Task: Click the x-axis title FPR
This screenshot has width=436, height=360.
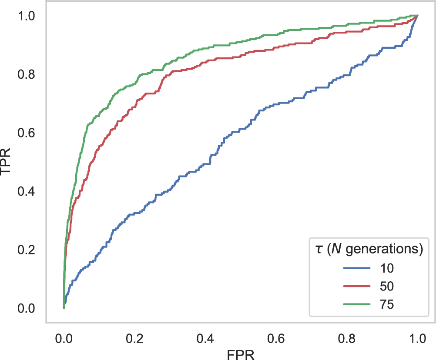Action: click(x=241, y=353)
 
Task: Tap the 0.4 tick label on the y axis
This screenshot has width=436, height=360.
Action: click(x=27, y=191)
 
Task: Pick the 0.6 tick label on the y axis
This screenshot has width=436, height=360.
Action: click(x=27, y=133)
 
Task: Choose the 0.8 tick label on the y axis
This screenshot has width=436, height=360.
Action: click(x=27, y=74)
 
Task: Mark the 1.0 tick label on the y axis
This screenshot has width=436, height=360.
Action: click(x=27, y=16)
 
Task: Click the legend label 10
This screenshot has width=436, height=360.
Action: click(x=384, y=268)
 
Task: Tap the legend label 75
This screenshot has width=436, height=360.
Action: click(x=384, y=304)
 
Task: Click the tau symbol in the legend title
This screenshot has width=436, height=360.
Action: click(x=319, y=250)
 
